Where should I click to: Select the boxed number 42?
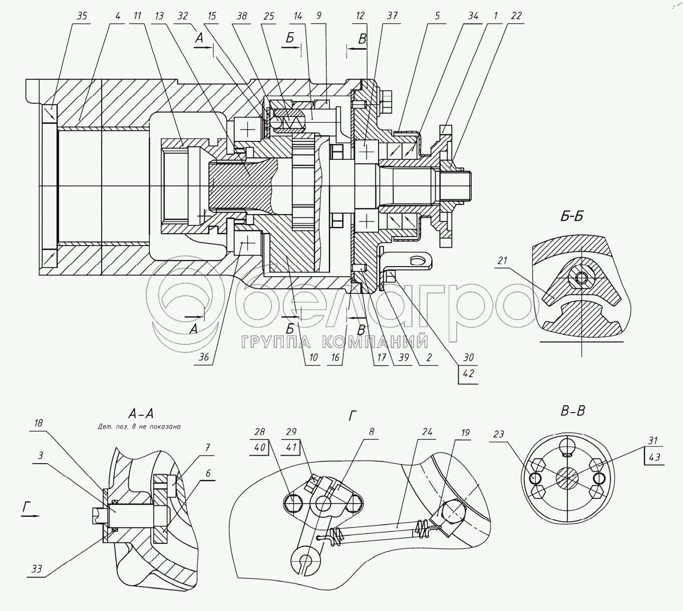pos(469,373)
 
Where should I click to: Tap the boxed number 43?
pos(654,458)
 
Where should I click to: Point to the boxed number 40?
pos(259,447)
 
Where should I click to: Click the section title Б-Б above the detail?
pos(572,217)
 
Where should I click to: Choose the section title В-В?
pos(573,411)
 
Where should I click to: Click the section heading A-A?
pos(141,413)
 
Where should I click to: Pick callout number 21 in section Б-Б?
pos(502,260)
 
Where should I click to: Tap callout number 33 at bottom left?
pos(37,569)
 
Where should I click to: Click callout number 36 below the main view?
pos(204,357)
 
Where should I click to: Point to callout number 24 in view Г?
pos(427,432)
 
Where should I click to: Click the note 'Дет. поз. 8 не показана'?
pos(139,427)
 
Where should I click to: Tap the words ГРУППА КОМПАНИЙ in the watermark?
pos(335,342)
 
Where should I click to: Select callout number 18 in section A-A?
pos(39,423)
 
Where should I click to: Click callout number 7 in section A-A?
pos(208,448)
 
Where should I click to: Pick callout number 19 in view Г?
pos(465,433)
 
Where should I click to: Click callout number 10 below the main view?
pos(313,357)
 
